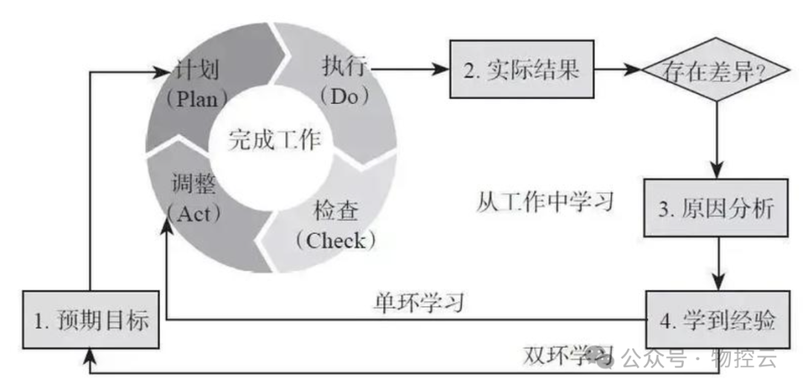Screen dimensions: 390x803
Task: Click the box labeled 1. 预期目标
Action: point(91,321)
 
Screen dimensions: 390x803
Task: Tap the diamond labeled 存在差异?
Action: point(717,71)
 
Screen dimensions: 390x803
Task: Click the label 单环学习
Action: point(419,302)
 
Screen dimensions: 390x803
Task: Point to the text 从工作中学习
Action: point(546,201)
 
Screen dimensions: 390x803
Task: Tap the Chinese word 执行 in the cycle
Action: point(344,68)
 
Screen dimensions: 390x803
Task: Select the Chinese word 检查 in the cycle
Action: point(336,213)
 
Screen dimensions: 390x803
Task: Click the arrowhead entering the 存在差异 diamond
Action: point(634,71)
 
